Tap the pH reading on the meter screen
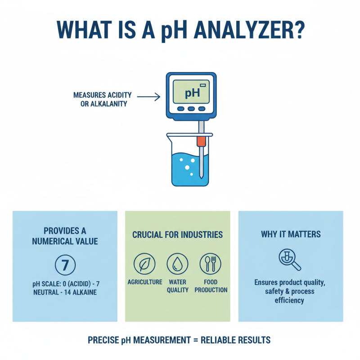[192, 93]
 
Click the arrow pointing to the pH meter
[148, 96]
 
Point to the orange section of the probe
[201, 142]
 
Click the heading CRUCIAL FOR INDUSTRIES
[177, 234]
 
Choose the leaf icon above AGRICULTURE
[144, 263]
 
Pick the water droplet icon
[177, 263]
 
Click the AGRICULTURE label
[145, 282]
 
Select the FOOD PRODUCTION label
[211, 286]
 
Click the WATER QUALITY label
[177, 286]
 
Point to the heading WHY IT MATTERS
[291, 234]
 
